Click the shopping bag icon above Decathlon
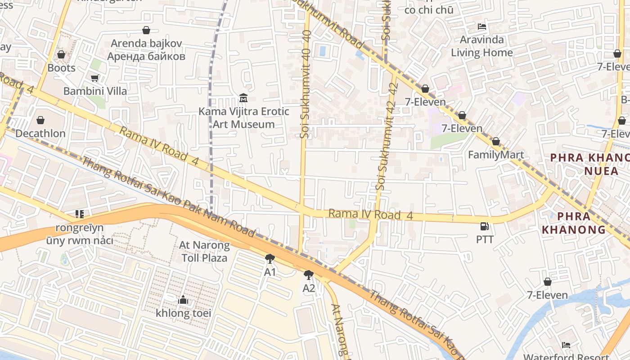40,120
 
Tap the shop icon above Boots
61,54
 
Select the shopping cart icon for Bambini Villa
94,78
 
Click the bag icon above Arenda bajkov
146,30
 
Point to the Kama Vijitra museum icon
243,97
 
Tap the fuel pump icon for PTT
484,226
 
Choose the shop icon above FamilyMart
495,141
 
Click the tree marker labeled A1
270,259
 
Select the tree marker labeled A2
309,274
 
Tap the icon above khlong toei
183,300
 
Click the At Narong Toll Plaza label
204,252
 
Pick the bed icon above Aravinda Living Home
482,26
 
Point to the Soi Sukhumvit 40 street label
306,84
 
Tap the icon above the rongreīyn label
80,214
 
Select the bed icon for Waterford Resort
566,345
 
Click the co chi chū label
429,10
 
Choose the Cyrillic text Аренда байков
146,56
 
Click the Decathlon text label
40,134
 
